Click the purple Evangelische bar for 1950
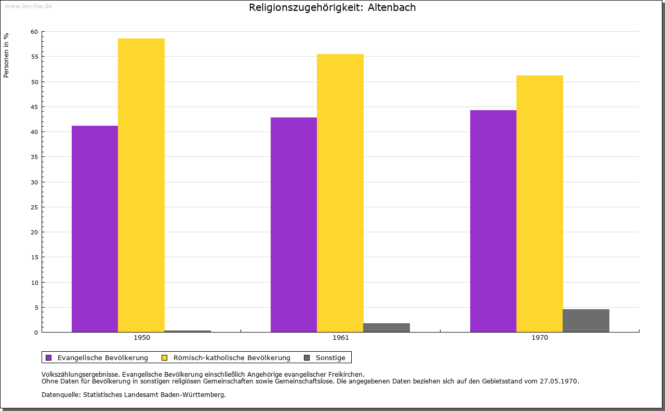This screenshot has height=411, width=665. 95,229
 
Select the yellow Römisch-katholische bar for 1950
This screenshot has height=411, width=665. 141,185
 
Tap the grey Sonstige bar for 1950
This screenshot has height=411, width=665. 188,331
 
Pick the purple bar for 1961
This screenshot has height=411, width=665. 294,224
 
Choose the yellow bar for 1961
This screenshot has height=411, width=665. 340,193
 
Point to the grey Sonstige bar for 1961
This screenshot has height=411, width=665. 387,327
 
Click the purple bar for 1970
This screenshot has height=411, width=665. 493,221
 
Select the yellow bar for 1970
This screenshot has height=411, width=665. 539,204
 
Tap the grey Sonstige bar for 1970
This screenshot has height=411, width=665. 586,321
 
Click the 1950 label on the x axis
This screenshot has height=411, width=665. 142,338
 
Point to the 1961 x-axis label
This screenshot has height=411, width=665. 341,338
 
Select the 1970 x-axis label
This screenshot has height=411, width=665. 540,338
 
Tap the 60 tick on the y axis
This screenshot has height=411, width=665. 34,32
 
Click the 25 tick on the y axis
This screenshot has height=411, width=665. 34,207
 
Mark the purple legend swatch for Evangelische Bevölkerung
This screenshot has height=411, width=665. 49,357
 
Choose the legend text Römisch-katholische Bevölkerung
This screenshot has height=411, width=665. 232,357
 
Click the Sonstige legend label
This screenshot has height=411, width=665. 330,357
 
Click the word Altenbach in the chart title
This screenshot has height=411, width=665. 392,8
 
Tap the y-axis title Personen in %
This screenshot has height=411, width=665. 6,55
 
